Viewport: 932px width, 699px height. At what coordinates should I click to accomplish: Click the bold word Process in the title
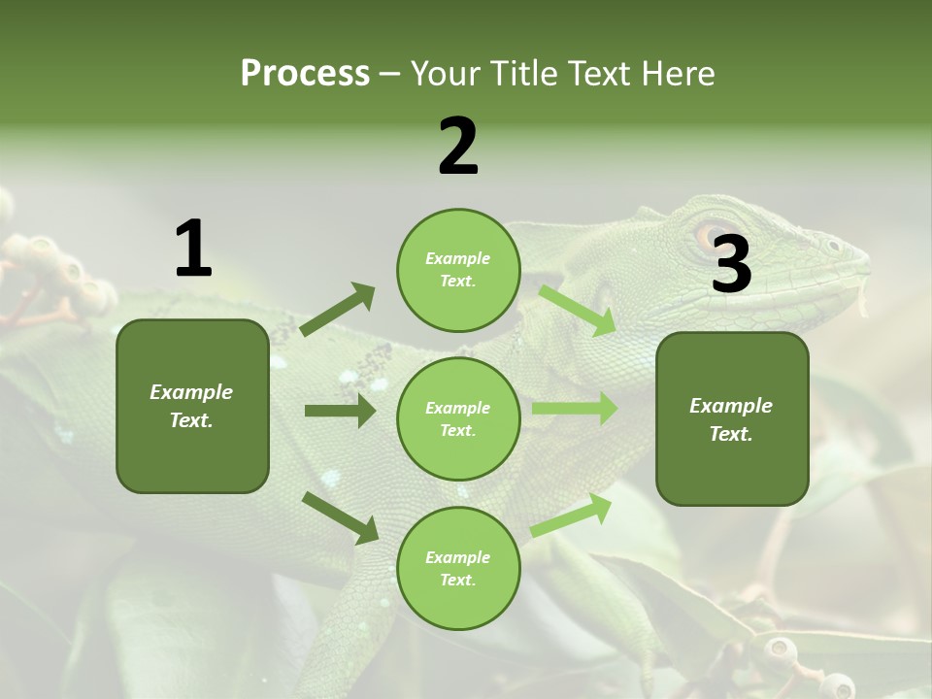tap(305, 74)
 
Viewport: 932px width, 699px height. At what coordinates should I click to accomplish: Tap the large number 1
tap(193, 250)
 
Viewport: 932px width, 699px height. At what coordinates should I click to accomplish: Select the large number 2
tap(458, 147)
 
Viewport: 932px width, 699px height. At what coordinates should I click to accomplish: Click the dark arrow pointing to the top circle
tap(338, 310)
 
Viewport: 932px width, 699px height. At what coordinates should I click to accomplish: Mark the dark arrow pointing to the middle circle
tap(340, 411)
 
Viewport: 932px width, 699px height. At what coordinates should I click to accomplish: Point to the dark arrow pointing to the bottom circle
tap(340, 517)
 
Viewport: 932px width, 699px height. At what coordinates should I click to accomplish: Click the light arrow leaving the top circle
tap(578, 310)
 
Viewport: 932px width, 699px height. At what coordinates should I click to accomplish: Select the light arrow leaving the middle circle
tap(575, 409)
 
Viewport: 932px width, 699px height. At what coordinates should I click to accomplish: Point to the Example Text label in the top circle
tap(458, 270)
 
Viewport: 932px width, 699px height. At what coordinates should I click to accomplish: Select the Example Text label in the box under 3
tap(731, 419)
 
